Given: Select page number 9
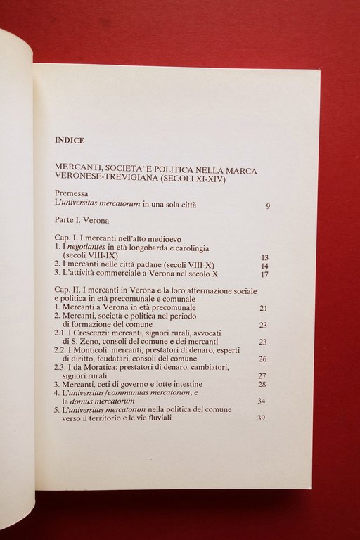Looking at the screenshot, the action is pos(268,205).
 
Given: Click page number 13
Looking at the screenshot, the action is pos(264,258).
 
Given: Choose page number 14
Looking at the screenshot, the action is pos(264,266).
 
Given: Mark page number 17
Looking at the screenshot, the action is pos(264,275).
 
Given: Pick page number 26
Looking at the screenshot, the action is pos(263,359).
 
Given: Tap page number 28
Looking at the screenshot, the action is pos(263,385).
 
